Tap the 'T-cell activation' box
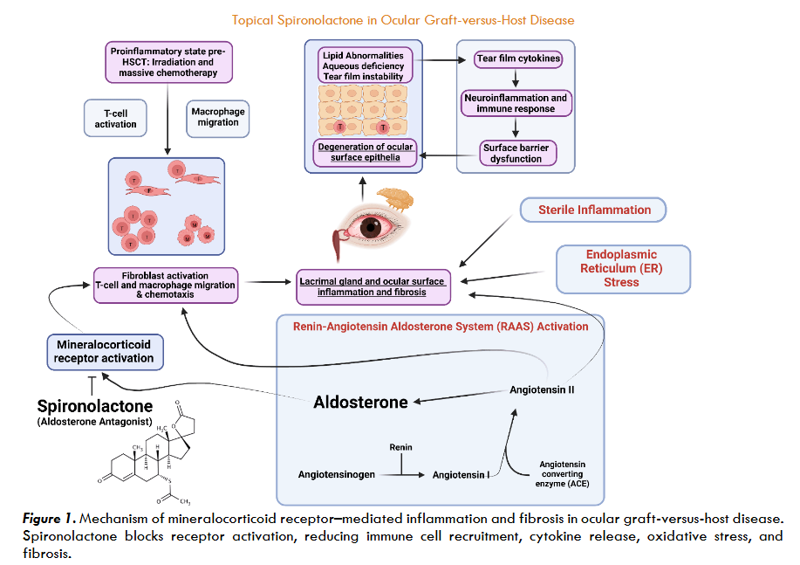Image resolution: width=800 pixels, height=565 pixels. point(116,119)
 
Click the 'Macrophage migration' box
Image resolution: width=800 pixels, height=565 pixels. point(218,117)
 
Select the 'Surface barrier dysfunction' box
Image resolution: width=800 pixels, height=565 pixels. point(518,154)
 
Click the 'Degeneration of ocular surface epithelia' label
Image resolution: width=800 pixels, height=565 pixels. point(365,152)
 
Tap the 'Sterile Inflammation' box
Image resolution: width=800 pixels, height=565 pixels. point(593,210)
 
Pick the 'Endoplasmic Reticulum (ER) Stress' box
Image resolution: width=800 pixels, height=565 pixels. point(623,268)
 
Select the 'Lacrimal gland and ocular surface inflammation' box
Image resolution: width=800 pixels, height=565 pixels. point(373,286)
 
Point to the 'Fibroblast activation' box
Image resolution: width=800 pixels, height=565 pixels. point(166,285)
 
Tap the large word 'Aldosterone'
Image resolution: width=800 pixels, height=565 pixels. point(360,402)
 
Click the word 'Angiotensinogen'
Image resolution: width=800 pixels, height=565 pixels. point(336,475)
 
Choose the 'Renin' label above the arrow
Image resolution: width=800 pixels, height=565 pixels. point(400,447)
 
